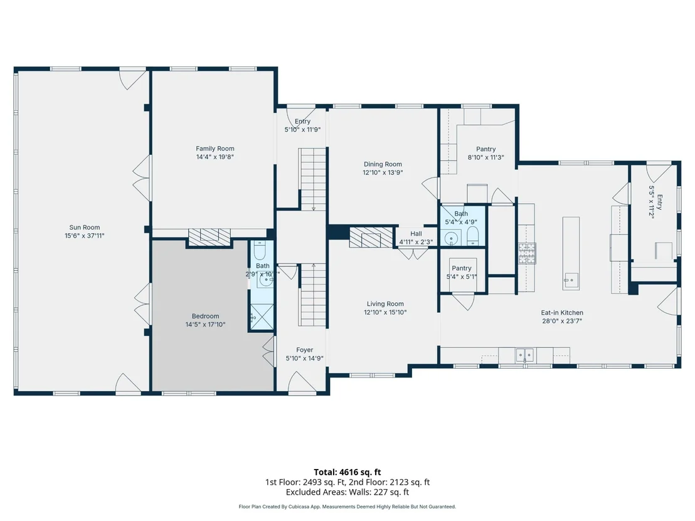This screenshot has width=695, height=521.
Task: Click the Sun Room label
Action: coord(84,228)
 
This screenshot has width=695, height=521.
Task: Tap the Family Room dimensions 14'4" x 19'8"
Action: coord(215,157)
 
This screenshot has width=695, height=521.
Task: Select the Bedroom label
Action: coord(205,317)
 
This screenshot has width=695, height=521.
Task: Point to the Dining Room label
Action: coord(383,164)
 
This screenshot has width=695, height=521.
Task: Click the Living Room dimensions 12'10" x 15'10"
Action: coord(385,312)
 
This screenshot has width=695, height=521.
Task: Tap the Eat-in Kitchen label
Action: coord(562,313)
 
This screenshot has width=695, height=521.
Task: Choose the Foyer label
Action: coord(304,350)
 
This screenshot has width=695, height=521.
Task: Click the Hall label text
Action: coord(416,234)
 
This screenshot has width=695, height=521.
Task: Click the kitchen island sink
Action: coord(571,280)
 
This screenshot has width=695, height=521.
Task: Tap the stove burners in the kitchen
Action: coord(528,253)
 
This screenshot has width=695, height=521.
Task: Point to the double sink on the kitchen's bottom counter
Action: coord(525,355)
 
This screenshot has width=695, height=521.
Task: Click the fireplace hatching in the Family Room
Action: coord(210,236)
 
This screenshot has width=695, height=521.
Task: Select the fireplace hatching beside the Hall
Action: coord(371,238)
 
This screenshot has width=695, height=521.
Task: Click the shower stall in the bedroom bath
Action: coord(262,317)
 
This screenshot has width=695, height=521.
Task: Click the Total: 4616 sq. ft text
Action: coord(347,472)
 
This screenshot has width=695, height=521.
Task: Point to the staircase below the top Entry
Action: coord(314,179)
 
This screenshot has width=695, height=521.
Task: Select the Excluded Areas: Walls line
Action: coord(347,492)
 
